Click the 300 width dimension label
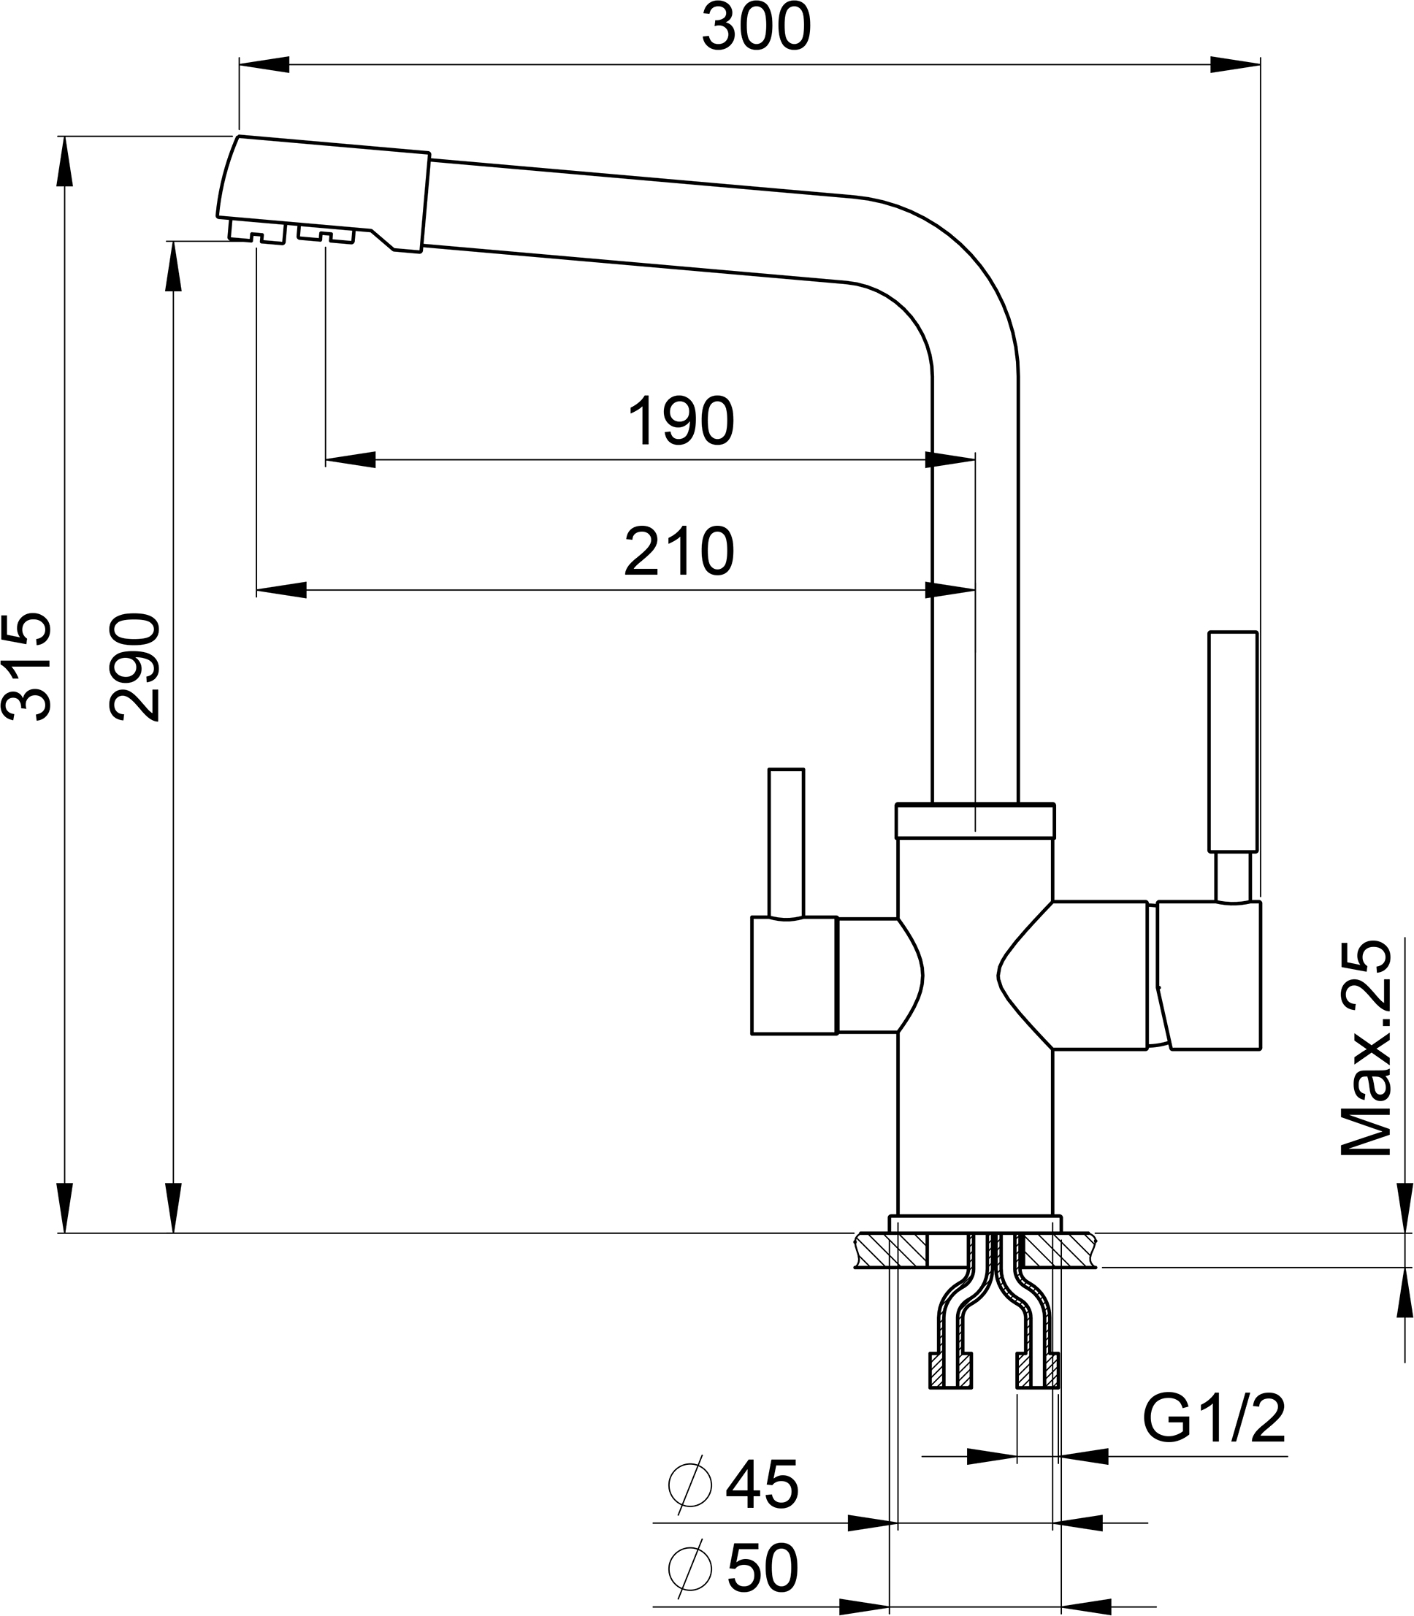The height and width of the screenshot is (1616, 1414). click(x=756, y=28)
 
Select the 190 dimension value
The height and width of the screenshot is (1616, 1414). click(x=680, y=422)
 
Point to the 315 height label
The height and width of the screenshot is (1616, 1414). click(x=28, y=667)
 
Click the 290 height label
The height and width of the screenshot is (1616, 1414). click(x=136, y=667)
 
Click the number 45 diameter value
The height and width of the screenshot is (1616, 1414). click(x=762, y=1486)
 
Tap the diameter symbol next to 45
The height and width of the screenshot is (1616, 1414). click(x=689, y=1485)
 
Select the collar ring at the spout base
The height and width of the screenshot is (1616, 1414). click(x=974, y=821)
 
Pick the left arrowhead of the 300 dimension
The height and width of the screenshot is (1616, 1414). click(x=264, y=65)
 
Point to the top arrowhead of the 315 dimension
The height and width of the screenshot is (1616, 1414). click(x=65, y=162)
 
